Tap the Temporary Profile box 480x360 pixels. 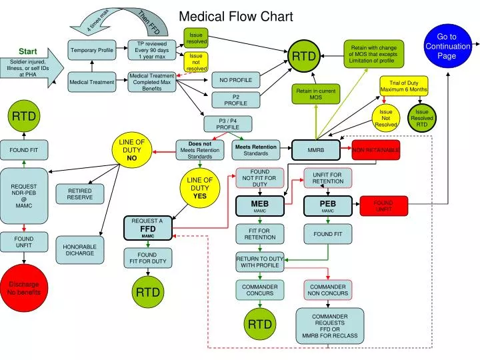tap(92, 50)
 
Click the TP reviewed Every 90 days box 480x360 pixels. tap(152, 50)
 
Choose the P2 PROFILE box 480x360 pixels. tap(235, 100)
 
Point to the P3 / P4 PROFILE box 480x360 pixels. tap(227, 124)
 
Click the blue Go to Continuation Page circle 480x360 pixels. tap(447, 46)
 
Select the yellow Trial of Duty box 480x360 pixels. tap(403, 86)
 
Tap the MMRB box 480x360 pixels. tap(315, 150)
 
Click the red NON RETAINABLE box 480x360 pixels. tap(376, 150)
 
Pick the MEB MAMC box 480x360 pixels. tap(259, 206)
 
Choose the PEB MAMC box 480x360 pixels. tap(327, 206)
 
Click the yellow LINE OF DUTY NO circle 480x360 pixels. tap(132, 150)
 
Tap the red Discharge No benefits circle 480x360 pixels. tap(24, 289)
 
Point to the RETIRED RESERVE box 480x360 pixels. tap(80, 194)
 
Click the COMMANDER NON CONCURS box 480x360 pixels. tap(327, 289)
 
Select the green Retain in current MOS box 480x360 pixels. tap(315, 94)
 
